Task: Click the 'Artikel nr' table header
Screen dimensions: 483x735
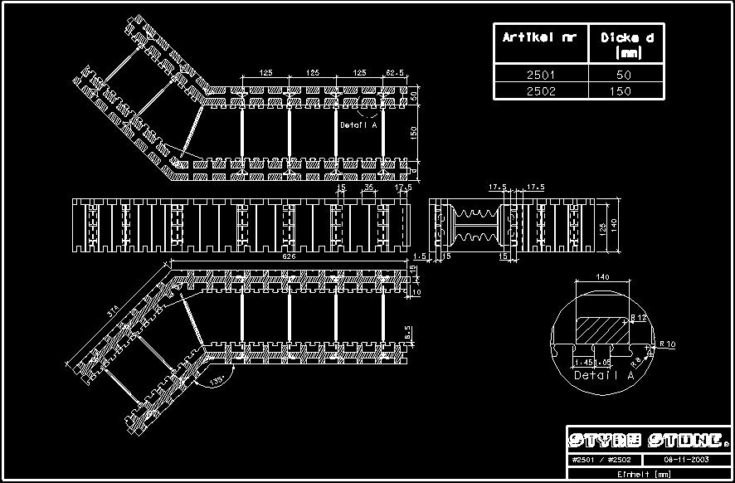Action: [539, 37]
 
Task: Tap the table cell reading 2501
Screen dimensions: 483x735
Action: [539, 75]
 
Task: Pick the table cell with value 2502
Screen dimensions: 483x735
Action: [539, 90]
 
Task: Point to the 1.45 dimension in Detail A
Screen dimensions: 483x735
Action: [582, 363]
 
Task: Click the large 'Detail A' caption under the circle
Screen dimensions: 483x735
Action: [603, 376]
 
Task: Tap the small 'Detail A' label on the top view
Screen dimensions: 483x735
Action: [358, 125]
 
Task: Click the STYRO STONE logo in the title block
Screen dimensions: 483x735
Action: [649, 440]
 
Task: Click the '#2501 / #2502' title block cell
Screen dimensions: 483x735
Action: [603, 460]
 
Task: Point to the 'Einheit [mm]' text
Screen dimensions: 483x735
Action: [649, 474]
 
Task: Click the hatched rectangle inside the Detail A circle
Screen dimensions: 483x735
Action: [602, 326]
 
